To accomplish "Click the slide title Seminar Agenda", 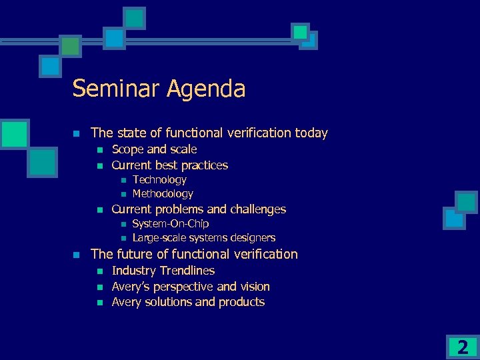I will pos(159,89).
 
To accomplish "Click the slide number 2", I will pos(463,347).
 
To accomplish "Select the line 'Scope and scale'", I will pos(154,149).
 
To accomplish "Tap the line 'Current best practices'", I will pos(169,165).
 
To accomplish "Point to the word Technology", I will pos(159,180).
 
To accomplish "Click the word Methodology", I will pos(163,194).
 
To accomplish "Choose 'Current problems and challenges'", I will pos(198,209).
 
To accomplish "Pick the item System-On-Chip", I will pos(170,224).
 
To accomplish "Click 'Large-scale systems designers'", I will pos(203,238).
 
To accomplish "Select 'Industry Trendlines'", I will pos(163,271).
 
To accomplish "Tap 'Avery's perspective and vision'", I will pos(190,287).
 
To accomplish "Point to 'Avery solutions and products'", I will pos(188,302).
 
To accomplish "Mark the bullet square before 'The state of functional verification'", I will pos(77,133).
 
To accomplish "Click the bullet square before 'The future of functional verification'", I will pos(77,255).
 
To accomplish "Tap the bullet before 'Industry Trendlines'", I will pos(99,271).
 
